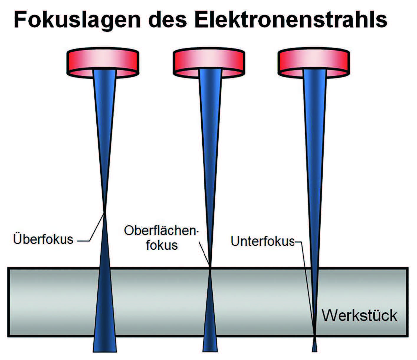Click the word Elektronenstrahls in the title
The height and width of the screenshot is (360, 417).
point(291,20)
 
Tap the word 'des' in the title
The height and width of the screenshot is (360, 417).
point(167,20)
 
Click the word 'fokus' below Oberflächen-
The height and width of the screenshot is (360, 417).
point(162,245)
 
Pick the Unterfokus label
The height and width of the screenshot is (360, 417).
point(263,241)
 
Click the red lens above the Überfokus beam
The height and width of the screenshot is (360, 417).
point(103,63)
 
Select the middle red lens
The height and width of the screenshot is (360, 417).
point(209,63)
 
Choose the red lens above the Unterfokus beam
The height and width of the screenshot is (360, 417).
point(314,63)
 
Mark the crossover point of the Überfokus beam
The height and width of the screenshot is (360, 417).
point(105,212)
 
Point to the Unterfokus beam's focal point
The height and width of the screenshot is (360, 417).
point(315,337)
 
